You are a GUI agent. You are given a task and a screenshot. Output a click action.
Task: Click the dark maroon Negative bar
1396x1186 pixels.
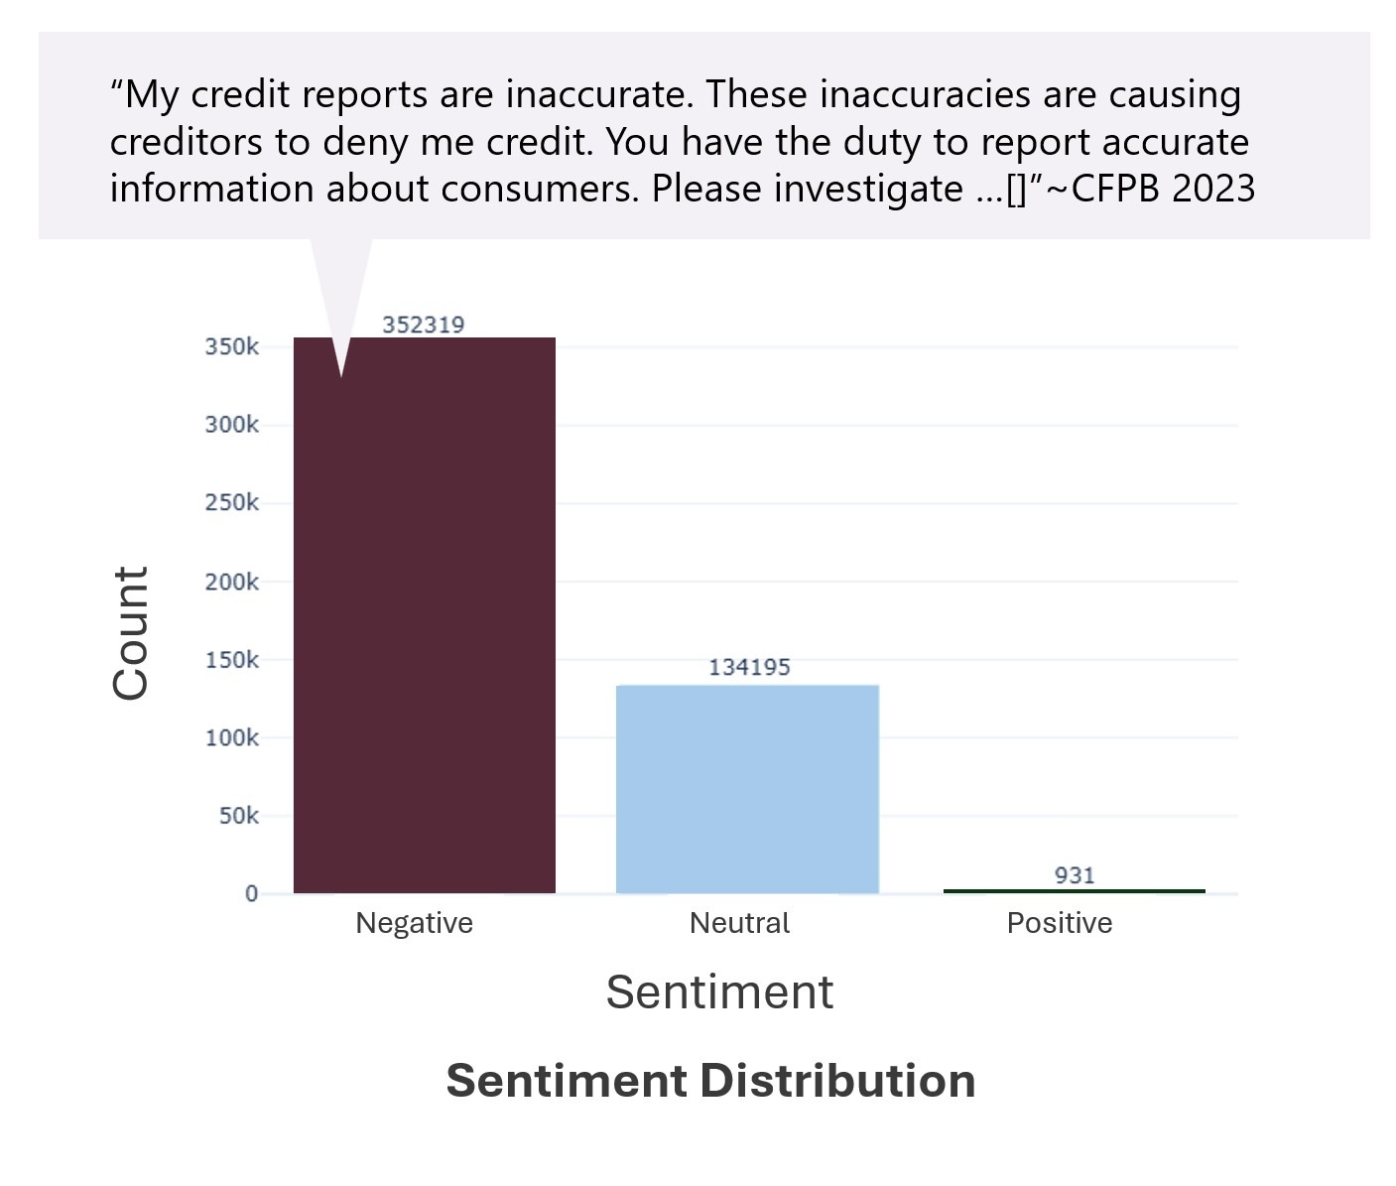pos(424,615)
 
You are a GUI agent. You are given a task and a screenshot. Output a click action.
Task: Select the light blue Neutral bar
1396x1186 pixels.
pos(747,789)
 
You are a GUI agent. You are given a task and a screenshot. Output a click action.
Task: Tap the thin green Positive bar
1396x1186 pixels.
pos(1074,891)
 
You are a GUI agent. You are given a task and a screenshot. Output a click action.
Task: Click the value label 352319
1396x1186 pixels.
pos(424,325)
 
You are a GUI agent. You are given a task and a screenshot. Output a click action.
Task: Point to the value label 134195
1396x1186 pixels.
pos(749,667)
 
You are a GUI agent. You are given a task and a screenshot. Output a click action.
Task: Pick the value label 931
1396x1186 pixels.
pos(1075,875)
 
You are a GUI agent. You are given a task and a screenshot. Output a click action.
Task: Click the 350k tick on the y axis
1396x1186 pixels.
pos(232,347)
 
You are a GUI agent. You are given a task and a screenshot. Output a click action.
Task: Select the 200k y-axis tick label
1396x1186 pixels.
pos(232,582)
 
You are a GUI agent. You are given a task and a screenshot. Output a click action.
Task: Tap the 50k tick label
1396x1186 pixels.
pos(238,816)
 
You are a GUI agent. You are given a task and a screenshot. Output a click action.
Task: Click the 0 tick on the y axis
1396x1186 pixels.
pos(252,894)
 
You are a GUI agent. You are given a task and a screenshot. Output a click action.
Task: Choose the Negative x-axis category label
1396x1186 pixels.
pos(414,923)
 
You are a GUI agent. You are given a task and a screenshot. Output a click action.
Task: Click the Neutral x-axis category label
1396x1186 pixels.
pos(739,923)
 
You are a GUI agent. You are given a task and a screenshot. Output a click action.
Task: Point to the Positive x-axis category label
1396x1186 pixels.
pos(1060,923)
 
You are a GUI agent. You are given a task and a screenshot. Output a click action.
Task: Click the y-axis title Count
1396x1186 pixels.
pos(131,633)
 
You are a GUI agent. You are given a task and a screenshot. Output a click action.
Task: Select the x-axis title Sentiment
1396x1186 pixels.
pos(719,991)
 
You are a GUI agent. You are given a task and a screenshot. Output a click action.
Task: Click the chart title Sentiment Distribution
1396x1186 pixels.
pos(710,1081)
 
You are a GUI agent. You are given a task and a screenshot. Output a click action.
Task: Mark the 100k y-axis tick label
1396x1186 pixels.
pos(232,738)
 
